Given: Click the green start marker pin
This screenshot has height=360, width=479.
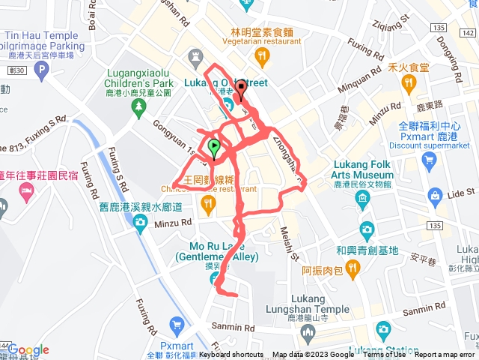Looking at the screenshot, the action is coord(214,148).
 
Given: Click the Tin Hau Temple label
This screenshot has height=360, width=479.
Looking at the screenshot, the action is coord(40,35).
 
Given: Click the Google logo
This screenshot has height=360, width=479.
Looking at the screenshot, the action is coord(28,350).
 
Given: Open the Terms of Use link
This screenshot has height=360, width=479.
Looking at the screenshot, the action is coord(384,355).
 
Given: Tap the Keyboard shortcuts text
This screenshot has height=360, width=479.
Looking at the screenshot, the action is coord(231,355).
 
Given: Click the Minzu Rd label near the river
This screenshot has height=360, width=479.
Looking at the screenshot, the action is coord(174,222).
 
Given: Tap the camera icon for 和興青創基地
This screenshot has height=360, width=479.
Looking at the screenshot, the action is coord(367,228).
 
